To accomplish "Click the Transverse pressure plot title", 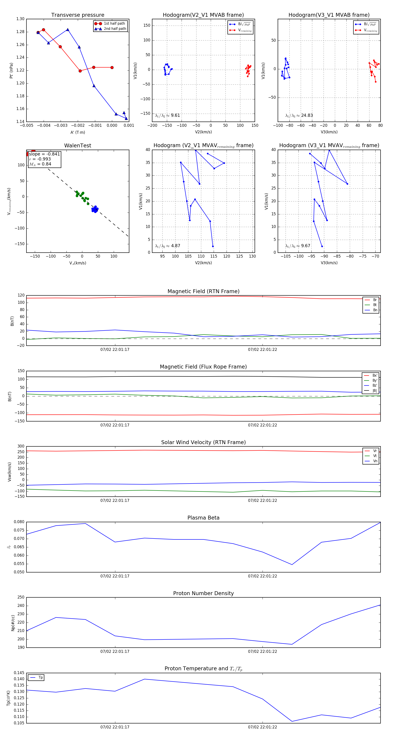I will pyautogui.click(x=78, y=15).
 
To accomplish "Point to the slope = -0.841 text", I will pyautogui.click(x=44, y=154).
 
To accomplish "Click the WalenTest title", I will pyautogui.click(x=78, y=146).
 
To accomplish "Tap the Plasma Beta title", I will pyautogui.click(x=203, y=518).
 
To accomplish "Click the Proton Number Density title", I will pyautogui.click(x=203, y=593).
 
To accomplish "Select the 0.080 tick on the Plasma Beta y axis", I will pyautogui.click(x=19, y=522).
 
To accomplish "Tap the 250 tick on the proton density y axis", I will pyautogui.click(x=21, y=597).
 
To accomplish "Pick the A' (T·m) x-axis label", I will pyautogui.click(x=78, y=132).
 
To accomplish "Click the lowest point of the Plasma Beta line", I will pyautogui.click(x=292, y=565).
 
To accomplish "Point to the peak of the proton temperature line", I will pyautogui.click(x=144, y=679).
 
